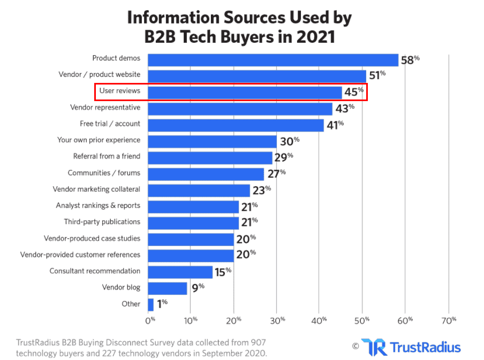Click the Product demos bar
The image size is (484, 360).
pos(273,59)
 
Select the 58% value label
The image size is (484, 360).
pos(410,60)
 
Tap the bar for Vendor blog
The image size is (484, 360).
pos(168,288)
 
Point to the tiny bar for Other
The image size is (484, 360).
pos(151,304)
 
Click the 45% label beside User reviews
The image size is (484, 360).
pos(354,93)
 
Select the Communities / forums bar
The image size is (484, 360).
pos(206,174)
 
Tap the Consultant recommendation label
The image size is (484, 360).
pos(95,271)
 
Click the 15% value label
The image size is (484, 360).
pos(222,271)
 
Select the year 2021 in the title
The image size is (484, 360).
pos(310,37)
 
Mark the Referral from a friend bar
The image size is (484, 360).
pos(210,157)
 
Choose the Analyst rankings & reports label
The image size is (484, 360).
pos(98,205)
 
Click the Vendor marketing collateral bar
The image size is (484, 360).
pos(199,190)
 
